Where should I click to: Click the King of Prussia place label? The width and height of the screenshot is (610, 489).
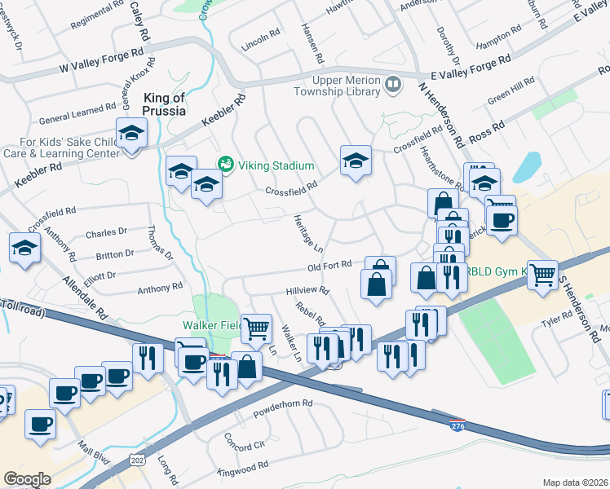click(164, 104)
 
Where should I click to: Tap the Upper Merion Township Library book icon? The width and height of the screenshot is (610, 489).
click(393, 84)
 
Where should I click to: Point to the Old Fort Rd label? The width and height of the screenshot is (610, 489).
click(329, 265)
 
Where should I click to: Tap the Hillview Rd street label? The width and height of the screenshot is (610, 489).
click(307, 290)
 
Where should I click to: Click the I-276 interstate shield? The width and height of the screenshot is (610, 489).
click(457, 425)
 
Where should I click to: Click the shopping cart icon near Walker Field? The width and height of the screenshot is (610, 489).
click(257, 328)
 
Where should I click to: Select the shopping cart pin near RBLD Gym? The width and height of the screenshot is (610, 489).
click(542, 274)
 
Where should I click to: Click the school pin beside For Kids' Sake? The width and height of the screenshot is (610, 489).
click(130, 133)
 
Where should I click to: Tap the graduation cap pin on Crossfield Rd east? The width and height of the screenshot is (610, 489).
click(356, 160)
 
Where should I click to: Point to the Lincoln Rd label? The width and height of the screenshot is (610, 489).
click(261, 38)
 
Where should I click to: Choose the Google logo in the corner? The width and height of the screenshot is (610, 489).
click(27, 479)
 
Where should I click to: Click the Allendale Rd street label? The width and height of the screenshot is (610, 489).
click(85, 298)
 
